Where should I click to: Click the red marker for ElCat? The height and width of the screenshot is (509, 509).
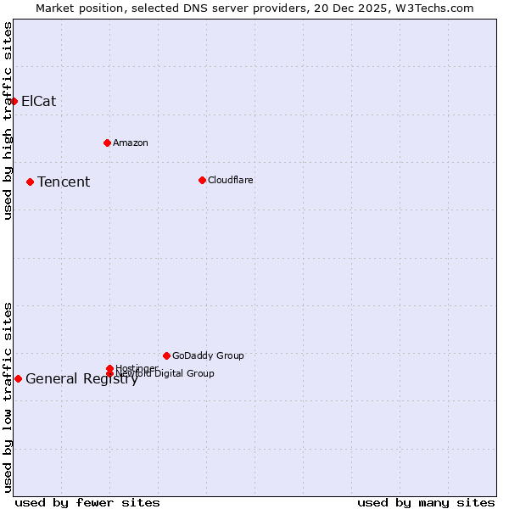[14, 101]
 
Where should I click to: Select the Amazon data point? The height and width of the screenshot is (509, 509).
[107, 143]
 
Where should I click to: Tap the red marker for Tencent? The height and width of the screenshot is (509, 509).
[30, 182]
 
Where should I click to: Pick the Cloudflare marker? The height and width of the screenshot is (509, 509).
[202, 180]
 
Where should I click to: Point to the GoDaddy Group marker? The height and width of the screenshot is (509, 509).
[166, 355]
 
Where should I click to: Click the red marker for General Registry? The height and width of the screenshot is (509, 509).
[18, 378]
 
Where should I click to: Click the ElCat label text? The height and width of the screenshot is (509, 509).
[38, 102]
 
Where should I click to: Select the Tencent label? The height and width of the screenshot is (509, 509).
[64, 182]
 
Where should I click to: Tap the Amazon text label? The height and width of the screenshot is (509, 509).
[131, 143]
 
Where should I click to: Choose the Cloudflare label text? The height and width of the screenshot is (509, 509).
[231, 181]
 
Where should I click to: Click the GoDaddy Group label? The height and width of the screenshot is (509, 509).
[208, 356]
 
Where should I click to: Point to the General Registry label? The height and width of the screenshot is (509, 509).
[81, 379]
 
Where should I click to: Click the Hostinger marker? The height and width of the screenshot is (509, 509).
[109, 368]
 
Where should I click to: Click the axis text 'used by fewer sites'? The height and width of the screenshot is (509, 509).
[87, 503]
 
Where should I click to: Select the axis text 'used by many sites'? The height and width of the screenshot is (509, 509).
[426, 503]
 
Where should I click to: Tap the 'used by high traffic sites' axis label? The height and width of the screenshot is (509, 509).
[8, 120]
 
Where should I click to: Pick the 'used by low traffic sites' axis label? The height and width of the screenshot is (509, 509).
[8, 396]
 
